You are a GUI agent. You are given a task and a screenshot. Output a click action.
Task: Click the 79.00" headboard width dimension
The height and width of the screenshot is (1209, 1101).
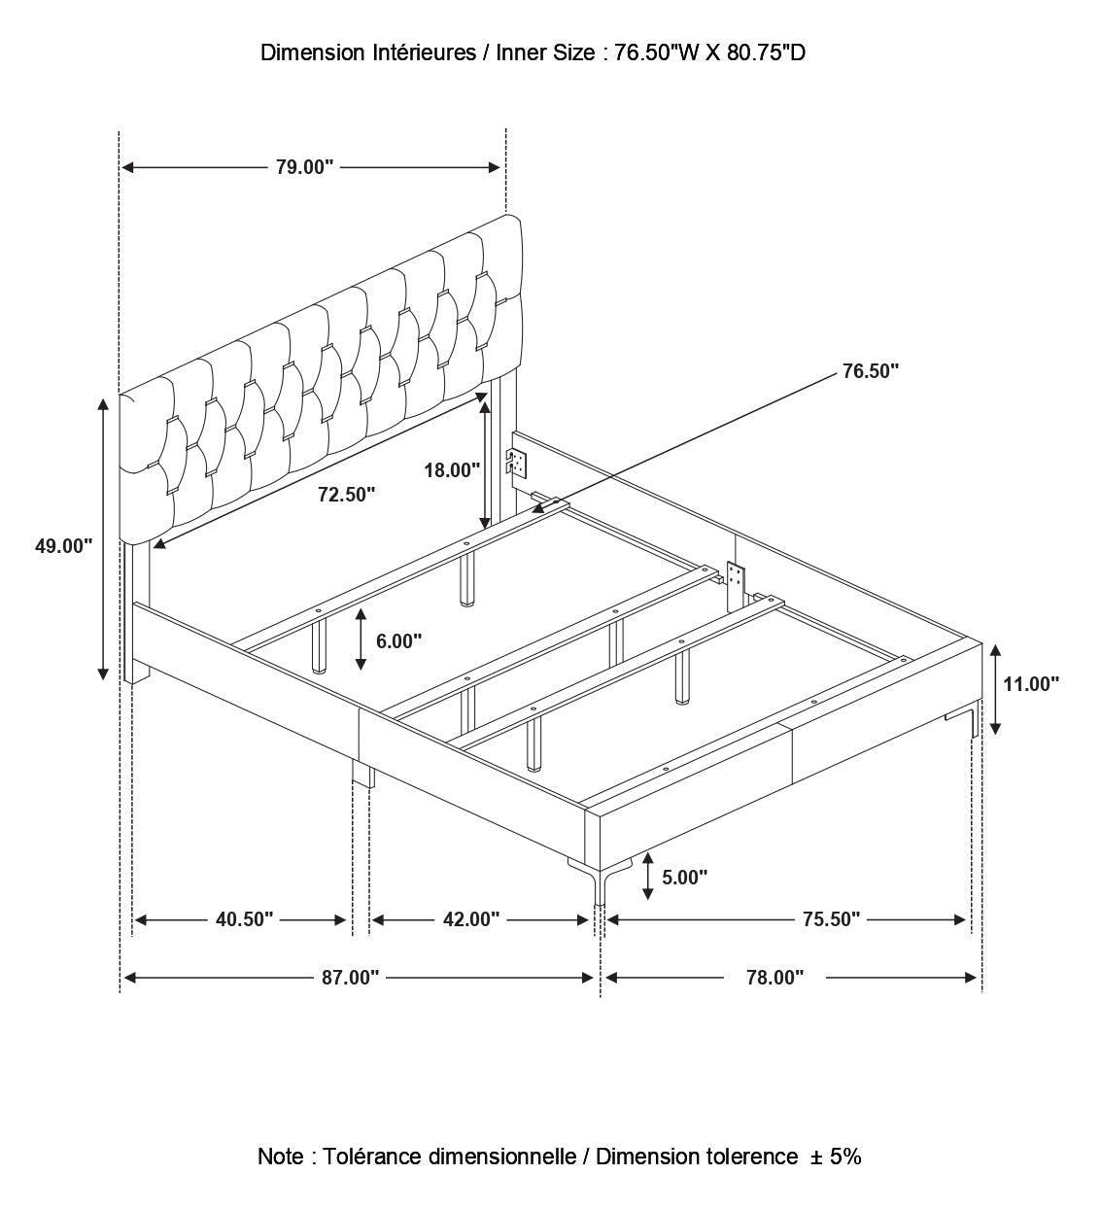304,167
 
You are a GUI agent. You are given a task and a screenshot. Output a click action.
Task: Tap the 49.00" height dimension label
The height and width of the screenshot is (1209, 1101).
64,546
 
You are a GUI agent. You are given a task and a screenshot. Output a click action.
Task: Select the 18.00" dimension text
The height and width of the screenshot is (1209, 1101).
452,470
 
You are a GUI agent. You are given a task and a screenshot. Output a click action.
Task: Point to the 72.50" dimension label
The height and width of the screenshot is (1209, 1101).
347,495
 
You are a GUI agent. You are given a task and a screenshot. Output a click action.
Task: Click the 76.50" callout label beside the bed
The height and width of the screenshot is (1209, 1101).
870,371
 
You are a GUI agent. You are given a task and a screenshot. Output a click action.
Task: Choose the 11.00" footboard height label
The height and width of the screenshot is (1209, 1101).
1031,684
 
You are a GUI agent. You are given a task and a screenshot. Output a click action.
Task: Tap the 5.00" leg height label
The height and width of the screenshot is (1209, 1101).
684,878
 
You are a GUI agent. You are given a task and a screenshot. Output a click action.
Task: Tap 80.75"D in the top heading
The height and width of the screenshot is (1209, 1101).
766,53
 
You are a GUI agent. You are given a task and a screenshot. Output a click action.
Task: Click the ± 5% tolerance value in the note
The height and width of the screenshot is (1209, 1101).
835,1157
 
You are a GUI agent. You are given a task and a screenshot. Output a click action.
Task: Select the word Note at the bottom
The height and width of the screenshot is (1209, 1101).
281,1157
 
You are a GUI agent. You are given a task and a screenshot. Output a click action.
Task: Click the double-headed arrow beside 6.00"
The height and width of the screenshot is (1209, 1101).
361,639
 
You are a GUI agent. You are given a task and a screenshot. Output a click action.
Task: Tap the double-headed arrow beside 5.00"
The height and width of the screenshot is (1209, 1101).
647,877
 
